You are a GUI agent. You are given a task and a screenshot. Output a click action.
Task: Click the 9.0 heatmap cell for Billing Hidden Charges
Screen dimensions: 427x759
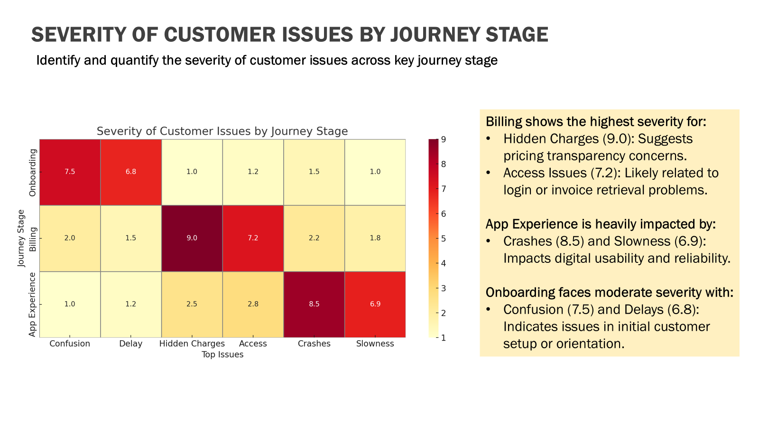(x=192, y=238)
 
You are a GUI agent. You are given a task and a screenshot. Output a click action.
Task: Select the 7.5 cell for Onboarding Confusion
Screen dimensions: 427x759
(x=70, y=172)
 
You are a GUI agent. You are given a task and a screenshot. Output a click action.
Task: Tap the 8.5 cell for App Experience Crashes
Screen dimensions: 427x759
(x=314, y=304)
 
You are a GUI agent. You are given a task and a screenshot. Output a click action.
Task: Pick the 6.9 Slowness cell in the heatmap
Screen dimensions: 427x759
(x=375, y=304)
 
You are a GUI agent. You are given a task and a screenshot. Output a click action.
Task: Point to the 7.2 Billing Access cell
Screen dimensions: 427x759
(x=253, y=238)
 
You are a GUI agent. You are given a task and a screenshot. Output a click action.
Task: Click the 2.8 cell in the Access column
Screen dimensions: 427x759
(x=253, y=304)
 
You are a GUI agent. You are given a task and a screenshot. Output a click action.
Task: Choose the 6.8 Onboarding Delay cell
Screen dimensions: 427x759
(x=131, y=172)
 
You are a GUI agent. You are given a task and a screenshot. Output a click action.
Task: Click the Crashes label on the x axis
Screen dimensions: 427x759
(x=314, y=344)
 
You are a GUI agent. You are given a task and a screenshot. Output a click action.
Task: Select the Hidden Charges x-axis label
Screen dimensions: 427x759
(x=192, y=344)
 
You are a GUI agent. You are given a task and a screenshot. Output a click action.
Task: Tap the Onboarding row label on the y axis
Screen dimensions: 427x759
(x=33, y=172)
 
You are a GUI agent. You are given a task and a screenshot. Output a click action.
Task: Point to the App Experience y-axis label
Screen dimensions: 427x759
(x=33, y=305)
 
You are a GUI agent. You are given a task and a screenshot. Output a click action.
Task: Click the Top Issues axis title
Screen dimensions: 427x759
(x=222, y=355)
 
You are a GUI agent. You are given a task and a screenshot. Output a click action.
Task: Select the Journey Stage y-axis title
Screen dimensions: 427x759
(x=21, y=238)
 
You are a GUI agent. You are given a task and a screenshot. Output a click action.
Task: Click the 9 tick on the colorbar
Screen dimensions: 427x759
(x=444, y=139)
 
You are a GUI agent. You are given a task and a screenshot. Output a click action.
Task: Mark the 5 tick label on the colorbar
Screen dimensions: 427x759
(x=444, y=239)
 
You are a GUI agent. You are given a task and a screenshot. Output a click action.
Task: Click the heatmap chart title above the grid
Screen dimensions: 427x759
(x=222, y=131)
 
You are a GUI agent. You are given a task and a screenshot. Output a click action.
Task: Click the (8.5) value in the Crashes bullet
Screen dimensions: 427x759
(x=570, y=241)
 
